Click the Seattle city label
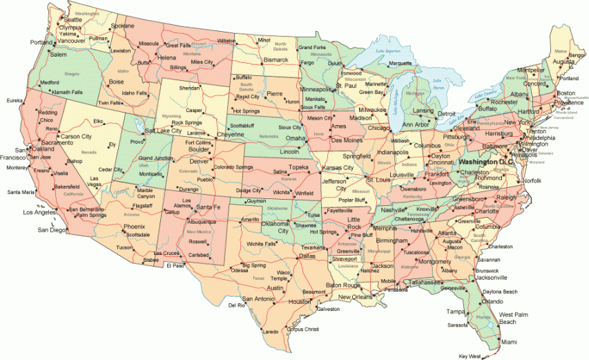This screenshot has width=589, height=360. click(73, 20)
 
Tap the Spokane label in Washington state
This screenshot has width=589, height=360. click(122, 26)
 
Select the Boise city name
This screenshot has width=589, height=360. click(116, 82)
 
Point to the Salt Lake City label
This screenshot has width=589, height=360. click(164, 130)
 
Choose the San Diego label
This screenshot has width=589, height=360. click(53, 229)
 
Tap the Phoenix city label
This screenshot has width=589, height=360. click(135, 227)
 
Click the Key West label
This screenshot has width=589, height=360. click(467, 356)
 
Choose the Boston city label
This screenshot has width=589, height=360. click(566, 93)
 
